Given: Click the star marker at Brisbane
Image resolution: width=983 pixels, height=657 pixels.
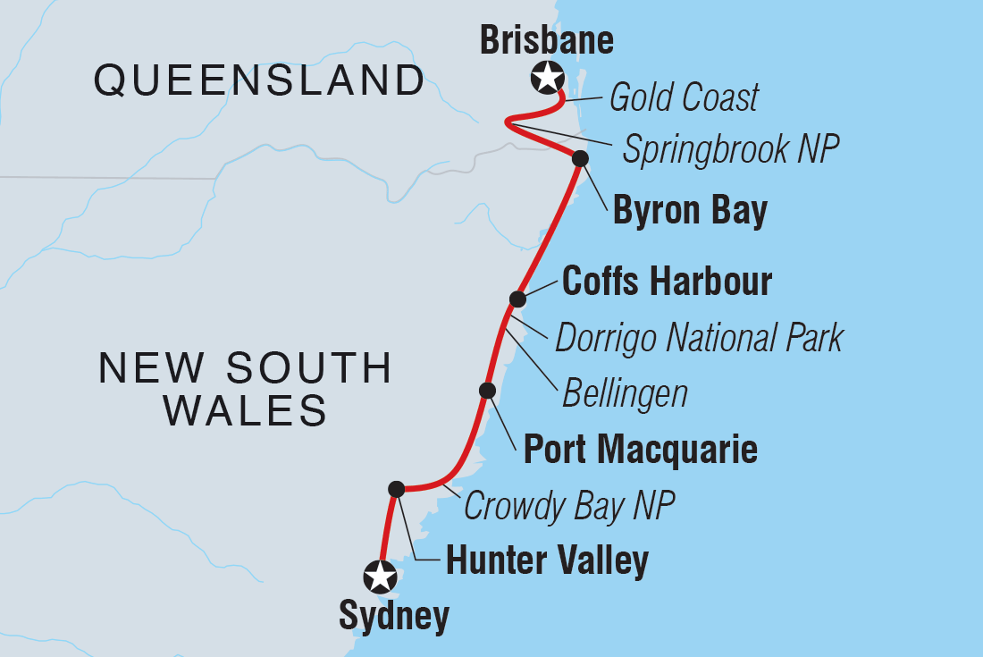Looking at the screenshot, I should (546, 78).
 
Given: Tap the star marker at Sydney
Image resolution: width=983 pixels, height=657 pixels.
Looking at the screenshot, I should (381, 576).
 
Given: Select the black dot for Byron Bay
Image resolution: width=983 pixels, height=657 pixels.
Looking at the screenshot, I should (580, 159).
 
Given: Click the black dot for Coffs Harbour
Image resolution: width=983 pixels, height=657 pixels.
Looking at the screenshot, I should (517, 299).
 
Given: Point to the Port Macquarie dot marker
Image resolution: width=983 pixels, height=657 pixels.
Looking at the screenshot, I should (487, 390).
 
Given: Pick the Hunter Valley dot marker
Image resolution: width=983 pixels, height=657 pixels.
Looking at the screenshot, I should (397, 488).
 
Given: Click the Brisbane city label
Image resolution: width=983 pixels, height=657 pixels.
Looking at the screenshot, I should (547, 40).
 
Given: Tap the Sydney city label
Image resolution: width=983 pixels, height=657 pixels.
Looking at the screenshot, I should (394, 617).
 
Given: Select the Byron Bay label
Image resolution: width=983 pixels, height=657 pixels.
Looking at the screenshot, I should (690, 212).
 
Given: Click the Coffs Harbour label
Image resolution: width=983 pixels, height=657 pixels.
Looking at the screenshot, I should (667, 282).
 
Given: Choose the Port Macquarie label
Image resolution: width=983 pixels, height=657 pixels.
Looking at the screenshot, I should (640, 449).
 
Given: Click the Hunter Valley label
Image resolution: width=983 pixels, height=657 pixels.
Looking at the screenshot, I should (547, 561).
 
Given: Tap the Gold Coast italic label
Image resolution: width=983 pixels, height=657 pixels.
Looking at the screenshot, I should (684, 97).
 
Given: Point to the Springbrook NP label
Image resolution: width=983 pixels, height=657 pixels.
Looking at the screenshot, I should (731, 150).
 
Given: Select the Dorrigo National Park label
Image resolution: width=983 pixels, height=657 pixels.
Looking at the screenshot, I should (699, 339).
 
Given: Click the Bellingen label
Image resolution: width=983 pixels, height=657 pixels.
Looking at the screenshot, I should (625, 392).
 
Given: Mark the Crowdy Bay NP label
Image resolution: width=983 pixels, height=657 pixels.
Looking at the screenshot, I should (568, 507).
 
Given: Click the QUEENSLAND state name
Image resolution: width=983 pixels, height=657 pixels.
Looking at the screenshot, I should (260, 81).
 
